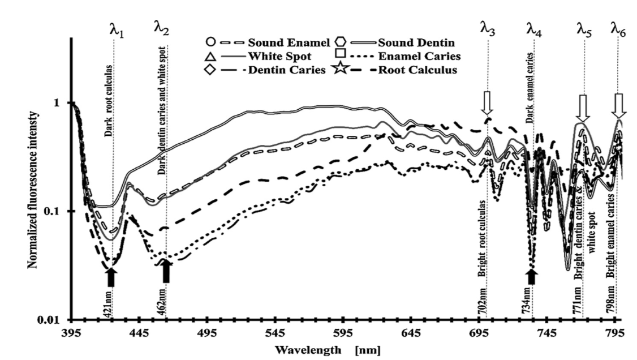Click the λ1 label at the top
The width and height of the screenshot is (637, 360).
[x=117, y=29]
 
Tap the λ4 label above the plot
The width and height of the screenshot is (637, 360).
[x=534, y=29]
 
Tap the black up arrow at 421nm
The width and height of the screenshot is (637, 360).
[x=111, y=277]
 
